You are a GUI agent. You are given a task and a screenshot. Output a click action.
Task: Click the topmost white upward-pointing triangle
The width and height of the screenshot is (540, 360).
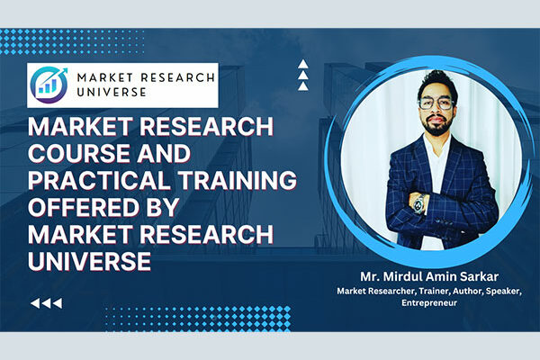pos(303,64)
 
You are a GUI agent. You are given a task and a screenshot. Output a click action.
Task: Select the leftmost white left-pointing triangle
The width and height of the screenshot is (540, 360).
pos(36,304)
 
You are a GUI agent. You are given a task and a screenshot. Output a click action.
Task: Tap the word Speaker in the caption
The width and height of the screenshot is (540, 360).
pos(499,290)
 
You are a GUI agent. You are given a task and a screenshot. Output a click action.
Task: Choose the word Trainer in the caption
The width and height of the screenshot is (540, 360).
pos(411,290)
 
